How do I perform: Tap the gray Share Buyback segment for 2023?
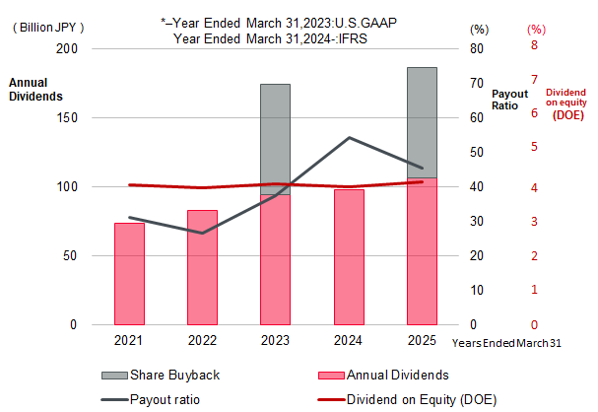[275, 138]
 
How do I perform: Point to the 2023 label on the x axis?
[275, 339]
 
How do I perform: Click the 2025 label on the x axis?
[422, 339]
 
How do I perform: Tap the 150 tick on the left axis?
[72, 117]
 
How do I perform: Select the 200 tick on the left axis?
[72, 48]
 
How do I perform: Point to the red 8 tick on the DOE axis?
[534, 45]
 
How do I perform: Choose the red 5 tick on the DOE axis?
[534, 147]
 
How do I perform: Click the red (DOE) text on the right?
[566, 114]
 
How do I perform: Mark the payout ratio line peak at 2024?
[350, 137]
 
